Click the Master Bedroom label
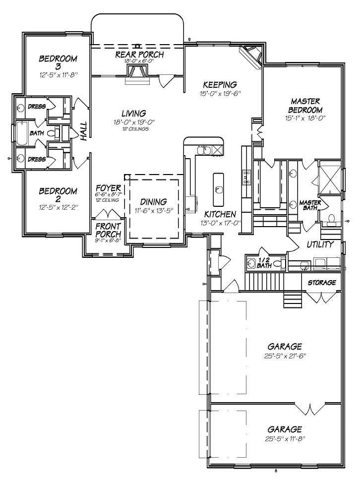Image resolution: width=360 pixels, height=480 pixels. (x=306, y=106)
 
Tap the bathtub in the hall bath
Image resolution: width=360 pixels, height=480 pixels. (x=22, y=133)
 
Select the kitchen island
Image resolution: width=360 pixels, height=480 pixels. (x=219, y=189)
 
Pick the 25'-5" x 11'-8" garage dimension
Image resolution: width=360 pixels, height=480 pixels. (x=285, y=439)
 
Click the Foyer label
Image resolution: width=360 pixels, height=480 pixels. (x=109, y=188)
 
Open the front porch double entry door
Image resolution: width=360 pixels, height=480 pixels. (x=109, y=214)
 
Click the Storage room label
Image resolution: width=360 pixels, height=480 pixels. (x=322, y=283)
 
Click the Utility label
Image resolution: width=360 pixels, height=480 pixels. (x=319, y=244)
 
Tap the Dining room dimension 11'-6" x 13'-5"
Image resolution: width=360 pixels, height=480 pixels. (x=153, y=211)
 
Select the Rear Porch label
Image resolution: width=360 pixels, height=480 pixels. (x=139, y=54)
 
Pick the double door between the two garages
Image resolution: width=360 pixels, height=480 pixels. (x=310, y=409)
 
